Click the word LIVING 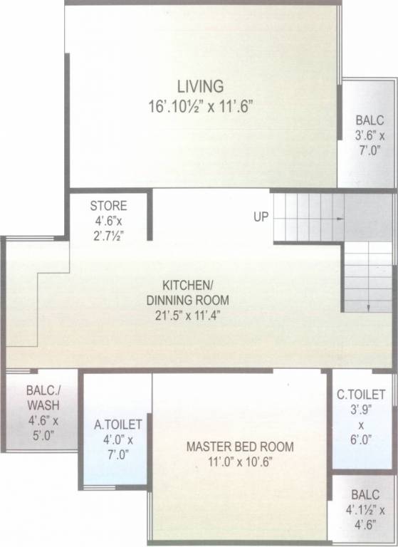(x=200, y=86)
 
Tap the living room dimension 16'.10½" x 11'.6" (x=200, y=105)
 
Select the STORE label (x=108, y=206)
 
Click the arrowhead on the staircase (x=368, y=307)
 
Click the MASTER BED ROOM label (x=239, y=447)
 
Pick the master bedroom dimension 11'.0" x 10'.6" (x=239, y=462)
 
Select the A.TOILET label (x=118, y=425)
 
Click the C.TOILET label (x=361, y=394)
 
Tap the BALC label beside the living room (x=370, y=120)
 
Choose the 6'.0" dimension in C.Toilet (x=361, y=440)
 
